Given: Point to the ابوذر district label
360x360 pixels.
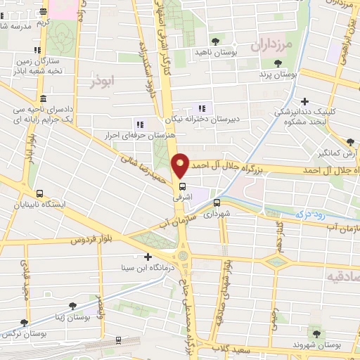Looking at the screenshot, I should click(x=102, y=82).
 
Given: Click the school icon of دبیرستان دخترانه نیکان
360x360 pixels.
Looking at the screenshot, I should click(x=202, y=108).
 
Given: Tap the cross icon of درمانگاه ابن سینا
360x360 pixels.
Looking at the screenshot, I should click(x=148, y=257).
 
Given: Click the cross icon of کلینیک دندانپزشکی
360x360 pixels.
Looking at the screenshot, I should click(x=304, y=101).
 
